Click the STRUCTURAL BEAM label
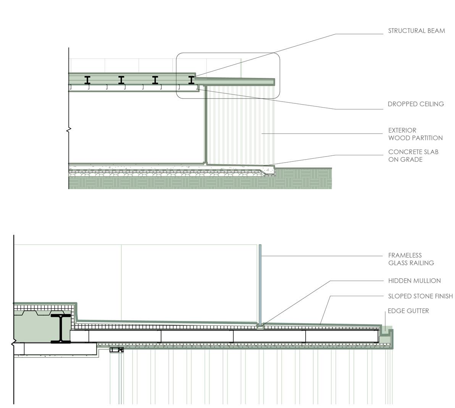[x=416, y=31]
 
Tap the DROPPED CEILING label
[x=416, y=104]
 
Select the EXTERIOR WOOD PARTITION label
[x=415, y=134]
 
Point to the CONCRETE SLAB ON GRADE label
[x=413, y=156]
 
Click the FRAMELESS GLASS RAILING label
[x=411, y=259]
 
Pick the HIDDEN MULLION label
[x=414, y=281]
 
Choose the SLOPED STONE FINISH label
[x=420, y=296]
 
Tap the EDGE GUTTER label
[x=408, y=311]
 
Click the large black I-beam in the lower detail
[x=61, y=328]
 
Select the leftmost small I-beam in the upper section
[x=87, y=80]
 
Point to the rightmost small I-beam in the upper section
[x=191, y=80]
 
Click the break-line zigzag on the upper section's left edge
[x=69, y=131]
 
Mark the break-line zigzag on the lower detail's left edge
[x=14, y=344]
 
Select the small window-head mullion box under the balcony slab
[x=117, y=350]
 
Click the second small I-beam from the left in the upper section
[x=121, y=80]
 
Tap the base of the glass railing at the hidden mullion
[x=260, y=326]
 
